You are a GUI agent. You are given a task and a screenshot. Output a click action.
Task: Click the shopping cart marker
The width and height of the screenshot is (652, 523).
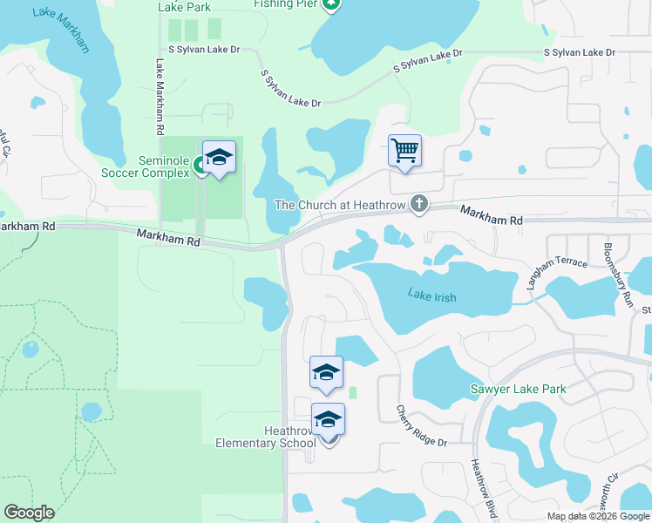(x=405, y=151)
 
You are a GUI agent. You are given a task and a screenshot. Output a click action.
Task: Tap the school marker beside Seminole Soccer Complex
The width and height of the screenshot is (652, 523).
(x=219, y=158)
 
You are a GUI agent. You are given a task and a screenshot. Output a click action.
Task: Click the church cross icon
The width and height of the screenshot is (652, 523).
(x=419, y=205)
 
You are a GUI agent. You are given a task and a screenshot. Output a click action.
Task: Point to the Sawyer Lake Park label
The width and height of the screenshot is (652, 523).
(x=518, y=389)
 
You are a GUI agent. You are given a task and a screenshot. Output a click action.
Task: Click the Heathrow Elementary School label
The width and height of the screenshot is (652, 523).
(x=266, y=437)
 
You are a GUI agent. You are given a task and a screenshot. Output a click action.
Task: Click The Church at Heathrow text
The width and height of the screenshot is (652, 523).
(x=340, y=205)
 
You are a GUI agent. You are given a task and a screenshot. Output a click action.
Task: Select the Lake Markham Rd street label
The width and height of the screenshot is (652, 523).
(x=160, y=97)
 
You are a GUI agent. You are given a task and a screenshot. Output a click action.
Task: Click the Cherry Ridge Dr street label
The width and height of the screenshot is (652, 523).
(x=422, y=426)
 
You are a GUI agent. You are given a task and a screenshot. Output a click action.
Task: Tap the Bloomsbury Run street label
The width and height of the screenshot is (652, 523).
(x=617, y=272)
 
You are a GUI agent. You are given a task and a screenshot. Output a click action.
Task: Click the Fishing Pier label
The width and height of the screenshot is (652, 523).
(x=283, y=3)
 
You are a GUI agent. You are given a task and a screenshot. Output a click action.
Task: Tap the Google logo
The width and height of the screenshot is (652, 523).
(x=29, y=513)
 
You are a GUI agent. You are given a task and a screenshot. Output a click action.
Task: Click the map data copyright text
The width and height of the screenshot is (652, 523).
(x=597, y=516)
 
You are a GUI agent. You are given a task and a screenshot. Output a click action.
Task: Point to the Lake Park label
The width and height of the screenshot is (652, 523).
(x=184, y=6)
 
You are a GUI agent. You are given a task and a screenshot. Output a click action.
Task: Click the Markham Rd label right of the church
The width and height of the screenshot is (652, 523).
(x=492, y=216)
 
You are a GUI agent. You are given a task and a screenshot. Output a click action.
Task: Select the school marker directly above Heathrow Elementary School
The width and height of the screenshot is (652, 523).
(x=327, y=372)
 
